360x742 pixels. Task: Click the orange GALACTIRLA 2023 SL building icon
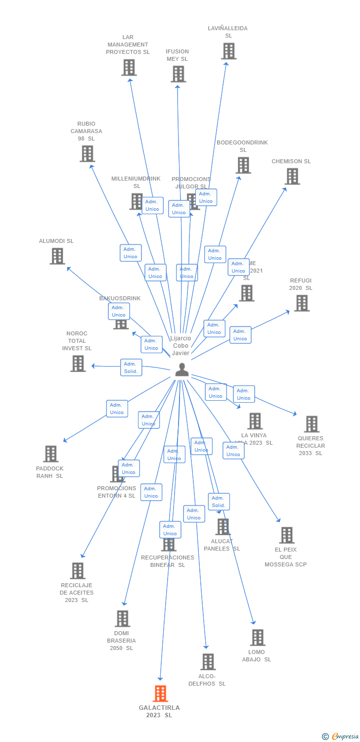[x=160, y=694]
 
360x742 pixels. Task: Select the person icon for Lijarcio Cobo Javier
[x=182, y=370]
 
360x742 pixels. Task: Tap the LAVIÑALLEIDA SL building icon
[x=228, y=51]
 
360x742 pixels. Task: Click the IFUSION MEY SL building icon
[x=178, y=74]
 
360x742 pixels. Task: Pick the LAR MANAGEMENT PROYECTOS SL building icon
[x=129, y=67]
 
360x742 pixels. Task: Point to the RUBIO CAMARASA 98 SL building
[x=87, y=154]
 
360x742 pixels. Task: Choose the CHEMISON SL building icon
[x=292, y=176]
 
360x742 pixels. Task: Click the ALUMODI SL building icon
[x=57, y=256]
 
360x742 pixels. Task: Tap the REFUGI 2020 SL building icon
[x=302, y=303]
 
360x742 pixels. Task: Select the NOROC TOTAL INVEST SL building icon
[x=78, y=364]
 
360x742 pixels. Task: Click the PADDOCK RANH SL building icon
[x=50, y=454]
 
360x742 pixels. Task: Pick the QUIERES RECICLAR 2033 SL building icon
[x=311, y=424]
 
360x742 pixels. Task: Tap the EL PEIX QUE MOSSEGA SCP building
[x=286, y=535]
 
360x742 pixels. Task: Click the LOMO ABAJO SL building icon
[x=257, y=638]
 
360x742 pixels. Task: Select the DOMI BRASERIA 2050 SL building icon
[x=122, y=618]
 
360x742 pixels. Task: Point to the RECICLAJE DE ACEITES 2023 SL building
[x=78, y=571]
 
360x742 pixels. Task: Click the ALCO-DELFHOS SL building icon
[x=208, y=661]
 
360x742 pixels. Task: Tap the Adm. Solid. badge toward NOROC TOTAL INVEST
[x=131, y=368]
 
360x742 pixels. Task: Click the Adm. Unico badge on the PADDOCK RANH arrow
[x=117, y=409]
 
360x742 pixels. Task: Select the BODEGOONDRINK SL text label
[x=242, y=146]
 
